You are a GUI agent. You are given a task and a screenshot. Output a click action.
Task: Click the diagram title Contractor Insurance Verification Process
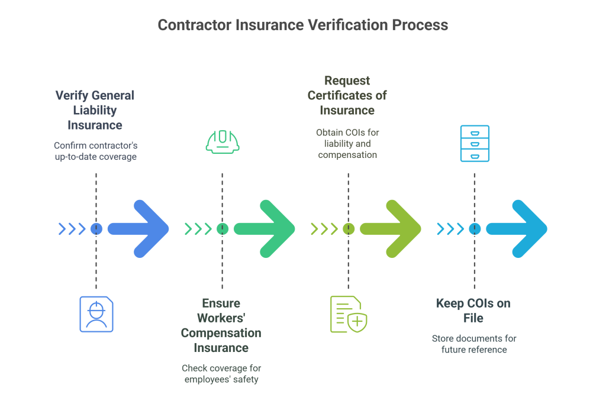tap(302, 25)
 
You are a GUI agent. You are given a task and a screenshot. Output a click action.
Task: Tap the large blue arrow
tap(140, 229)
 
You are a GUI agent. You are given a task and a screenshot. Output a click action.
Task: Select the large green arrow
tap(266, 229)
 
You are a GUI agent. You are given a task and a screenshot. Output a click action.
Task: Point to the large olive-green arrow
tap(392, 229)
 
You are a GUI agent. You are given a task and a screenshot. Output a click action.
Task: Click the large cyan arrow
tap(518, 229)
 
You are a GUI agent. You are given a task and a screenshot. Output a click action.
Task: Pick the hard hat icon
tap(222, 141)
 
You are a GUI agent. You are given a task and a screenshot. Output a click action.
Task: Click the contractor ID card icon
tap(96, 314)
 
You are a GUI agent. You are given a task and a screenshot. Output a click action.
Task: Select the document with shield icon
tap(348, 314)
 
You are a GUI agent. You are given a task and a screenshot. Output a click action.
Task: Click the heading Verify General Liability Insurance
tap(95, 110)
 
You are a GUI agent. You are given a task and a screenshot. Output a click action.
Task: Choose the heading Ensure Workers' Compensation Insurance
tap(221, 325)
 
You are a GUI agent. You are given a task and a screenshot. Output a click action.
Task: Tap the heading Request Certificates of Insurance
tap(347, 95)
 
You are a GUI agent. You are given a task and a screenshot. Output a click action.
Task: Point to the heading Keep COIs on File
tap(473, 311)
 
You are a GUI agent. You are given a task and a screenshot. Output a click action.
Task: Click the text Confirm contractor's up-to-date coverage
tap(95, 151)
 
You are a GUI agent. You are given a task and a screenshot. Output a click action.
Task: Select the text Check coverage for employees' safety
tap(221, 373)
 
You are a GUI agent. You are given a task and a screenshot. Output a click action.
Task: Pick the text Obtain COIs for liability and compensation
tap(347, 144)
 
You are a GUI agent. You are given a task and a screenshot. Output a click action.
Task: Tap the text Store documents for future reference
tap(474, 344)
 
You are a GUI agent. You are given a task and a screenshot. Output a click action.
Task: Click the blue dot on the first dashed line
tap(96, 229)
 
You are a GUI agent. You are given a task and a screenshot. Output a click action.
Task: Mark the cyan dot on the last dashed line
tap(474, 229)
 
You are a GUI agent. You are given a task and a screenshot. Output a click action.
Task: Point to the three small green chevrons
tap(198, 229)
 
